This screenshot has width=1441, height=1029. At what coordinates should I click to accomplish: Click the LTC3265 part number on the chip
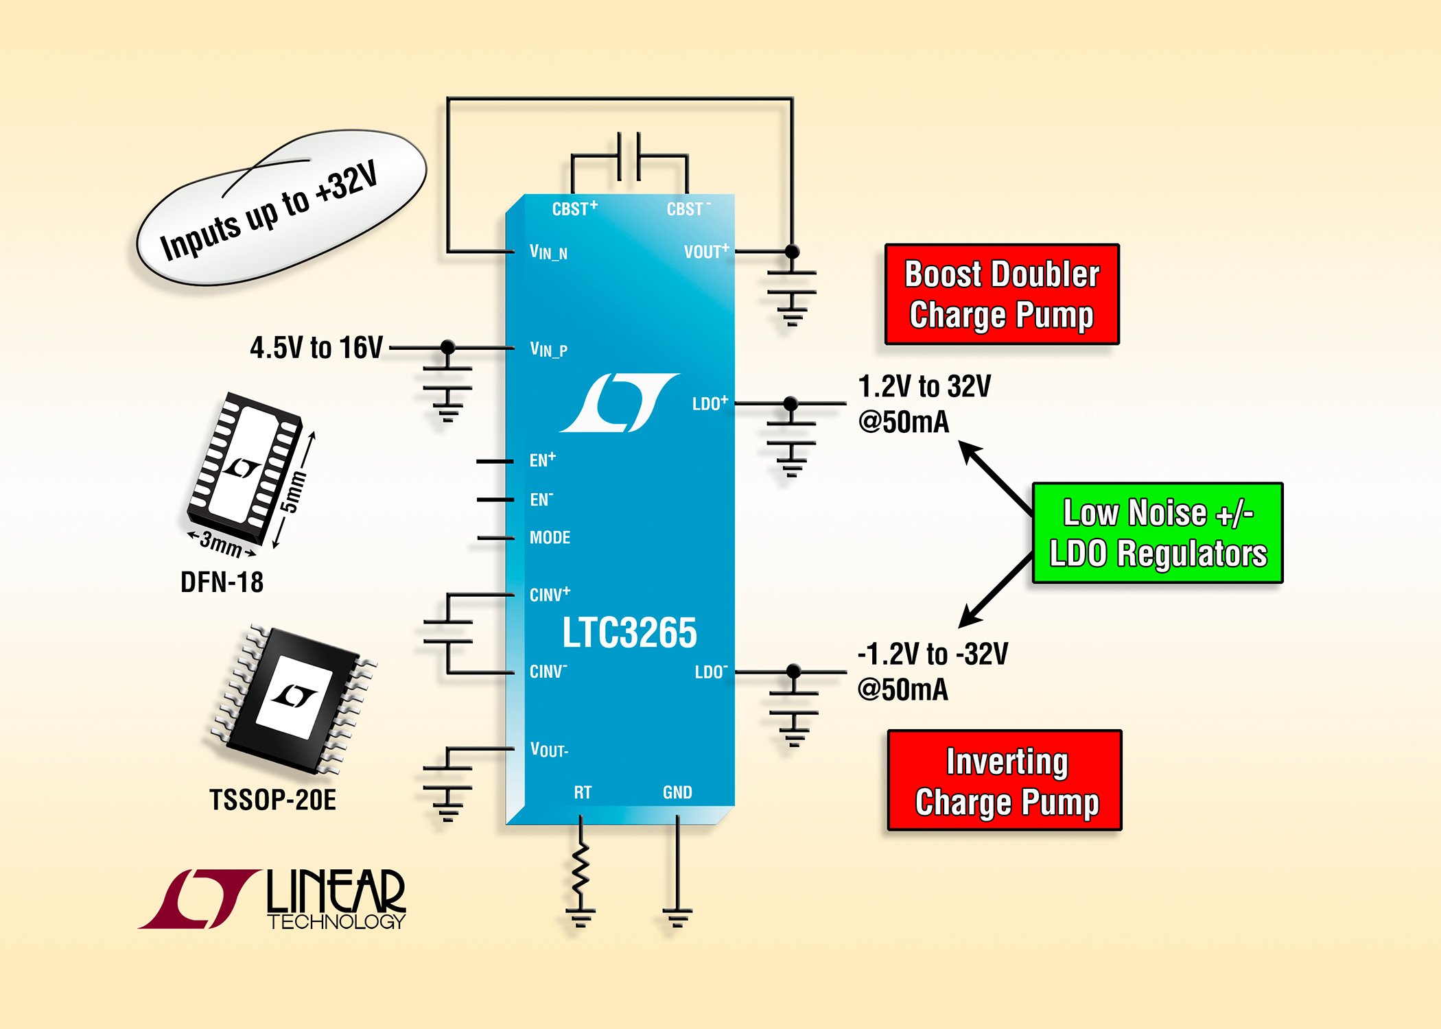(629, 632)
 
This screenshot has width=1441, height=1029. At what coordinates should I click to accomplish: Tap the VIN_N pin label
(548, 252)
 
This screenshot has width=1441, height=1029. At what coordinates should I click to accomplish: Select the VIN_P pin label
(548, 350)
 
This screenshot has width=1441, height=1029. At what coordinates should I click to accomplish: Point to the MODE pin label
(550, 538)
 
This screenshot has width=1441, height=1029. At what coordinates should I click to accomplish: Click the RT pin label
(583, 793)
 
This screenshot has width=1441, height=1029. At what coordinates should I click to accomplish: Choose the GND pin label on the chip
(677, 793)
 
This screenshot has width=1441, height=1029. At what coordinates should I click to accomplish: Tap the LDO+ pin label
(710, 403)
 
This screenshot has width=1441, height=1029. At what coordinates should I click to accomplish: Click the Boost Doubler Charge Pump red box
(1002, 294)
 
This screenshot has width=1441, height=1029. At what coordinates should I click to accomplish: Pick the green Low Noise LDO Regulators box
(1158, 533)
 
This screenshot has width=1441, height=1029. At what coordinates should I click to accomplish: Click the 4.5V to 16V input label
(316, 348)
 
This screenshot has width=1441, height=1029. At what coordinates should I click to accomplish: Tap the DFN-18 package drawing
(244, 466)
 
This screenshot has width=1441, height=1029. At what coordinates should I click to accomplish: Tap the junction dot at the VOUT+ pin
(792, 252)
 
